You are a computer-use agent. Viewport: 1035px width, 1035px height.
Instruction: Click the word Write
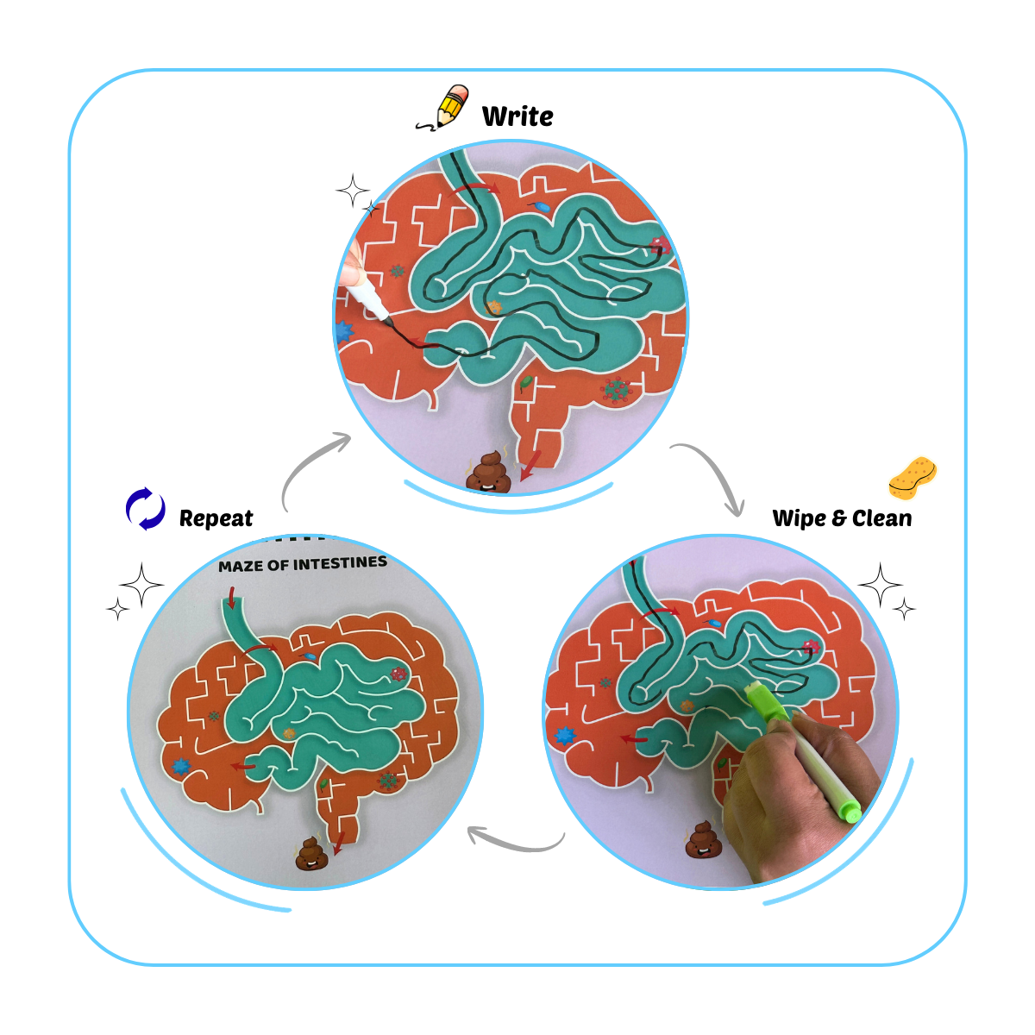click(x=517, y=116)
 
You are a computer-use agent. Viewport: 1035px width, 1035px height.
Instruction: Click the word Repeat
click(x=216, y=518)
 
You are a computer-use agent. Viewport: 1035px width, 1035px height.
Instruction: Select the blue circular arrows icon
click(x=146, y=509)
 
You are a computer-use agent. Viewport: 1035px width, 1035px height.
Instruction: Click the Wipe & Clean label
click(x=842, y=518)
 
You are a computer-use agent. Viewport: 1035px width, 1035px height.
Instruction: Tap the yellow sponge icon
click(x=913, y=477)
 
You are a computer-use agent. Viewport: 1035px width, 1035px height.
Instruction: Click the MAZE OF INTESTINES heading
click(x=303, y=564)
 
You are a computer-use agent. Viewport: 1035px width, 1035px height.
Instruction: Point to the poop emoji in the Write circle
click(x=488, y=473)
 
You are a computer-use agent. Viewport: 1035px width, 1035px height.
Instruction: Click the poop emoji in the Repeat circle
click(x=311, y=853)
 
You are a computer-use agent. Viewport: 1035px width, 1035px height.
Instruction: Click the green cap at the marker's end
click(x=851, y=812)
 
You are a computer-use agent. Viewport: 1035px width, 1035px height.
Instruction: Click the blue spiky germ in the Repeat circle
click(x=181, y=765)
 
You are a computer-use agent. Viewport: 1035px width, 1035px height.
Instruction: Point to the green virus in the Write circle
click(x=615, y=390)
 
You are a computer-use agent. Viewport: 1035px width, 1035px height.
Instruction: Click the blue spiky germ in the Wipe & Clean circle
click(x=565, y=736)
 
